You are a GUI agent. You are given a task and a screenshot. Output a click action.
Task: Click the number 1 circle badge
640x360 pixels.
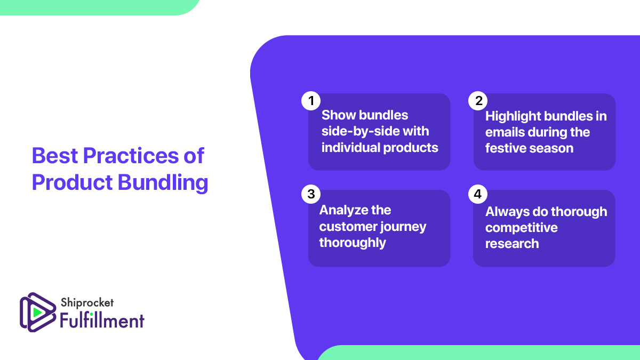point(310,100)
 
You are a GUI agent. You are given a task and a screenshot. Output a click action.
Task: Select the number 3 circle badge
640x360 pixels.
point(310,194)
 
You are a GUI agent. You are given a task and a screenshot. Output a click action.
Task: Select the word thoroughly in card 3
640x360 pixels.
point(352,243)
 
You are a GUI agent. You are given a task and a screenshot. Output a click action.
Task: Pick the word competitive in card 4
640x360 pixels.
point(521,228)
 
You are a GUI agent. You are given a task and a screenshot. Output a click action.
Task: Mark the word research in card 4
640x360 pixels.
point(511,244)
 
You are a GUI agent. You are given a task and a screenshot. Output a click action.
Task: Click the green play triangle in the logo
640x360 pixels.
point(37,311)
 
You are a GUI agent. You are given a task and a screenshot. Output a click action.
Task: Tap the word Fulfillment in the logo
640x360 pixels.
point(102,321)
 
